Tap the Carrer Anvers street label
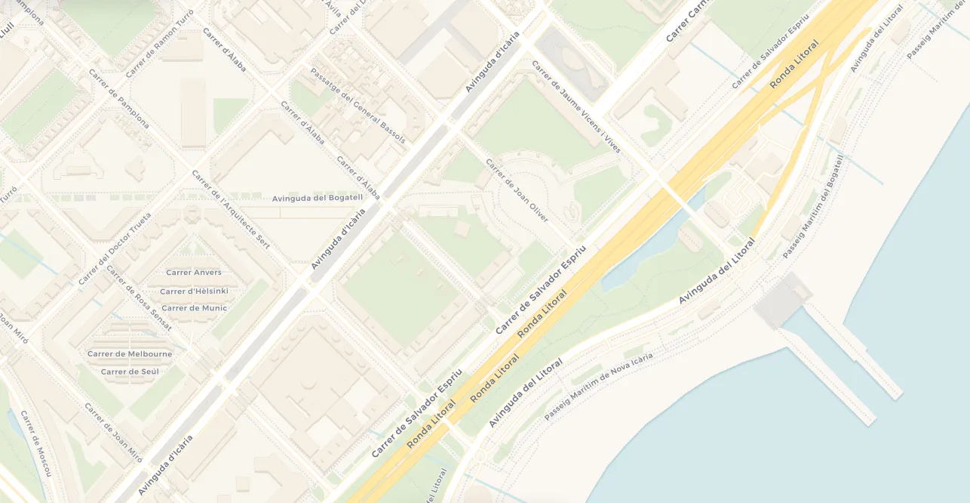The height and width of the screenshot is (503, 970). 194,273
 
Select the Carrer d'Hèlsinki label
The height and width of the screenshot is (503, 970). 194,291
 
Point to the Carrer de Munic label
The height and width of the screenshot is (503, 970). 194,308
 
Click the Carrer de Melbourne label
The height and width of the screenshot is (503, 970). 130,353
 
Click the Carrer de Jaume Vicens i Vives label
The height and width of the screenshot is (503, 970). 576,107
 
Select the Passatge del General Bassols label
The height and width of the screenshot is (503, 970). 358,106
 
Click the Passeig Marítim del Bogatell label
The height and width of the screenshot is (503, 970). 815,205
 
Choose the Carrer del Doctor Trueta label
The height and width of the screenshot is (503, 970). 115,248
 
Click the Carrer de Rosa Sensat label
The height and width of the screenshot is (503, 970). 139,298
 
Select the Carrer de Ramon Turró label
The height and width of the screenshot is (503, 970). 159,44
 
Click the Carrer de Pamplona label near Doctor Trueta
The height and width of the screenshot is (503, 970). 118,99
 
